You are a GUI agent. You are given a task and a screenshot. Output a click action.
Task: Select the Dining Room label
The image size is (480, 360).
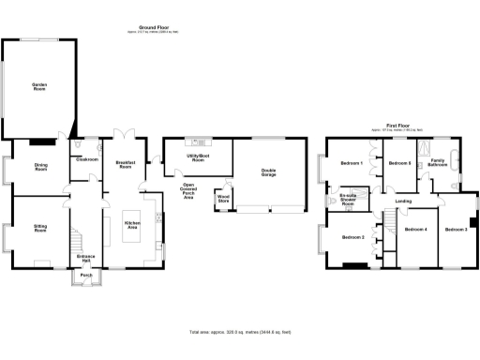(40, 167)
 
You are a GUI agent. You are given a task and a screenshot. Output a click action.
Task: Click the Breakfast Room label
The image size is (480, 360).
(126, 163)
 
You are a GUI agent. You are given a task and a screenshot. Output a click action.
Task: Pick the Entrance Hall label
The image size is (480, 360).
(86, 256)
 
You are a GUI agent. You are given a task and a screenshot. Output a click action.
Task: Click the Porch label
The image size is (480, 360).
(86, 276)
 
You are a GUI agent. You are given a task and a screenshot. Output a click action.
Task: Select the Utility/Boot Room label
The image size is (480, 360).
(196, 160)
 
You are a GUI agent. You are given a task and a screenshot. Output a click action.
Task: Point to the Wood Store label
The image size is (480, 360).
(223, 199)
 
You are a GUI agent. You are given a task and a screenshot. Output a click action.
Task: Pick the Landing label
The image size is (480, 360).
(404, 202)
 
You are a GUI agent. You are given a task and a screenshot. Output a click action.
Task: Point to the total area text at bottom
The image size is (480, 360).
(240, 332)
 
